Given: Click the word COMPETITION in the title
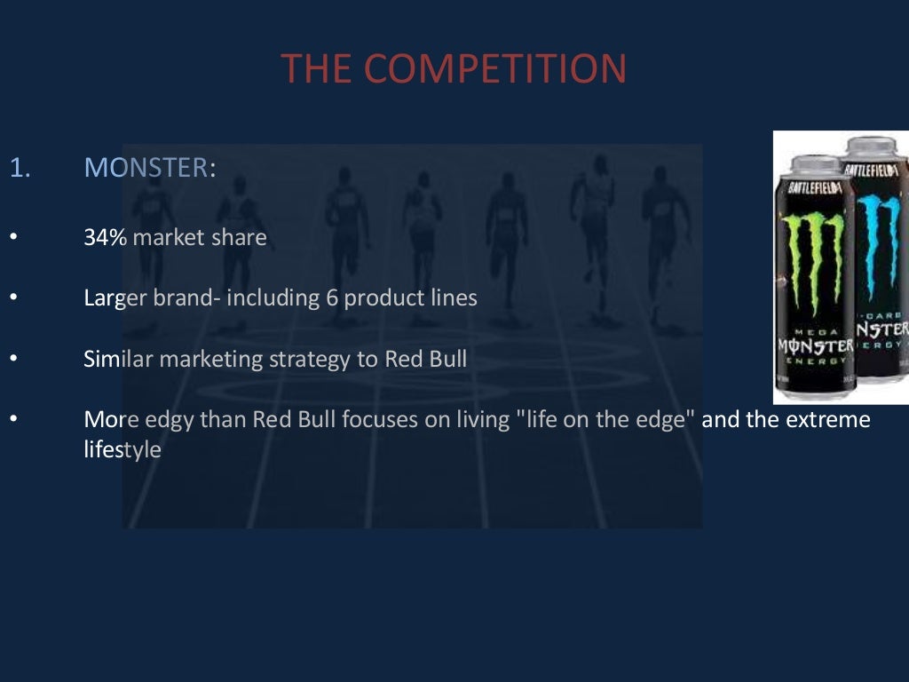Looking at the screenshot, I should pyautogui.click(x=494, y=69).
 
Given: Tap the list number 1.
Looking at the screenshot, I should pyautogui.click(x=19, y=168).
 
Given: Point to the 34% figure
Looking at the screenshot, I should pyautogui.click(x=106, y=238).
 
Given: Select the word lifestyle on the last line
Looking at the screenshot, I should pyautogui.click(x=123, y=449).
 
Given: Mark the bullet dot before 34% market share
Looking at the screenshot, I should pyautogui.click(x=13, y=239).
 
